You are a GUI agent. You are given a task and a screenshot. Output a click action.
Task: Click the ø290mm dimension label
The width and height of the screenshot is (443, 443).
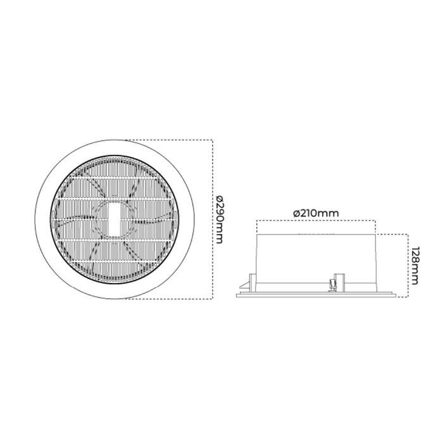point(220,218)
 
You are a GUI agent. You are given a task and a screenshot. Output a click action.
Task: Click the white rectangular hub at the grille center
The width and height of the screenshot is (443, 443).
point(115,218)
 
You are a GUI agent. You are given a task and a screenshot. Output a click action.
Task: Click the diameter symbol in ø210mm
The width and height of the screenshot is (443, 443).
point(297,213)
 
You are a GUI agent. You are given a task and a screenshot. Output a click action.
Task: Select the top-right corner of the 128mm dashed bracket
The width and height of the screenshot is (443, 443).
point(406,232)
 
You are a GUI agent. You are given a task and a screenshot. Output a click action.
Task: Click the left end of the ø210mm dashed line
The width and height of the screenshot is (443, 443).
point(256,221)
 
